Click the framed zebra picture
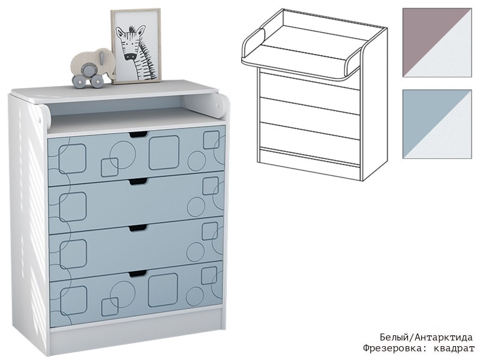pos(136,46)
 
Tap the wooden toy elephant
pos(93,67)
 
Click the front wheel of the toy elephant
pos(97,80)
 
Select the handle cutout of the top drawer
pos(138,134)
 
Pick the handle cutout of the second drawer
pos(138,182)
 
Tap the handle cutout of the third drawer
pos(138,229)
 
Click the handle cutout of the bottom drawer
pos(138,274)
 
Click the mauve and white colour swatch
pos(437,43)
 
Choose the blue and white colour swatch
pos(437,124)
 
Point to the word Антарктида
pos(443,338)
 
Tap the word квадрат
pos(454,349)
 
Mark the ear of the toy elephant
pos(101,57)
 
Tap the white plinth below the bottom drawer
pos(136,325)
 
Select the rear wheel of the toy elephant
pos(79,81)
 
